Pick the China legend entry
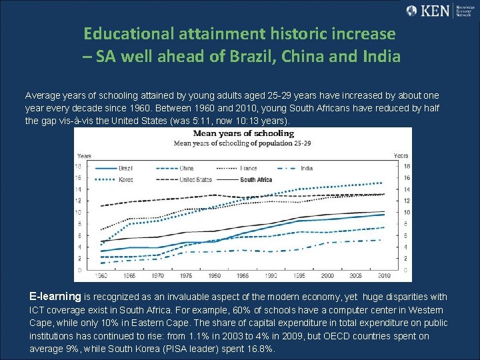tap(187, 169)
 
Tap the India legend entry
tap(306, 169)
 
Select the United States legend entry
tap(195, 179)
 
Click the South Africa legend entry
tap(256, 179)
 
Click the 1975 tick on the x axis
tap(187, 275)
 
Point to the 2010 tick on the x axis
tap(384, 275)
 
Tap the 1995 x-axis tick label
tap(299, 275)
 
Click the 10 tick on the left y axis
tap(79, 212)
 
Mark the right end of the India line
tap(381, 240)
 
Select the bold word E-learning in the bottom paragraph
tap(55, 296)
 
